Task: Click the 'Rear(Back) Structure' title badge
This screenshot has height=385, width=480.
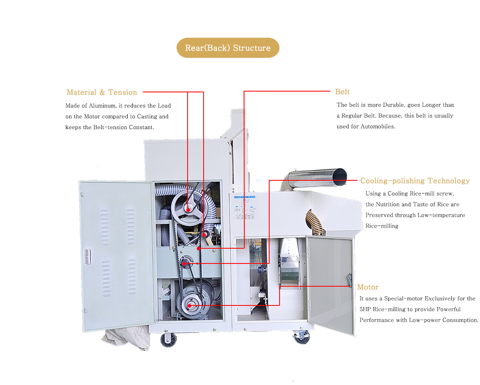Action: [228, 48]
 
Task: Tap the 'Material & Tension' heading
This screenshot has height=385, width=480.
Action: [102, 92]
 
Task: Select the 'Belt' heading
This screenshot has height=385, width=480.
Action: [342, 92]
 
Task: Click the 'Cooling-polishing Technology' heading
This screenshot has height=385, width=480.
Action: [415, 181]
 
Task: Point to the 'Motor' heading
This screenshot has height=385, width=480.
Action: [368, 287]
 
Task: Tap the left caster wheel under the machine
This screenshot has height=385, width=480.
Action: [168, 339]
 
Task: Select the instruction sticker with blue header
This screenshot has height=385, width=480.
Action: [244, 208]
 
